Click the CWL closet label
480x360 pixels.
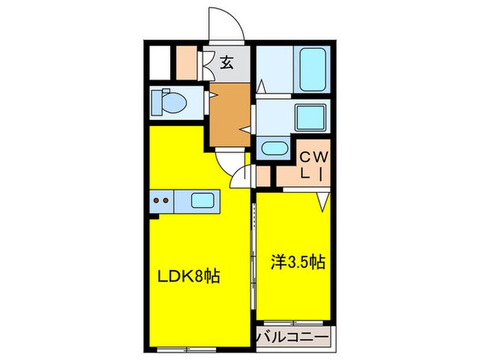pos(315,165)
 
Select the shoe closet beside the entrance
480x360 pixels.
pos(187,64)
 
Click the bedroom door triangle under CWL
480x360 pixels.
pos(322,200)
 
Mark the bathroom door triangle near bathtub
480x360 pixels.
pos(262,87)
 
